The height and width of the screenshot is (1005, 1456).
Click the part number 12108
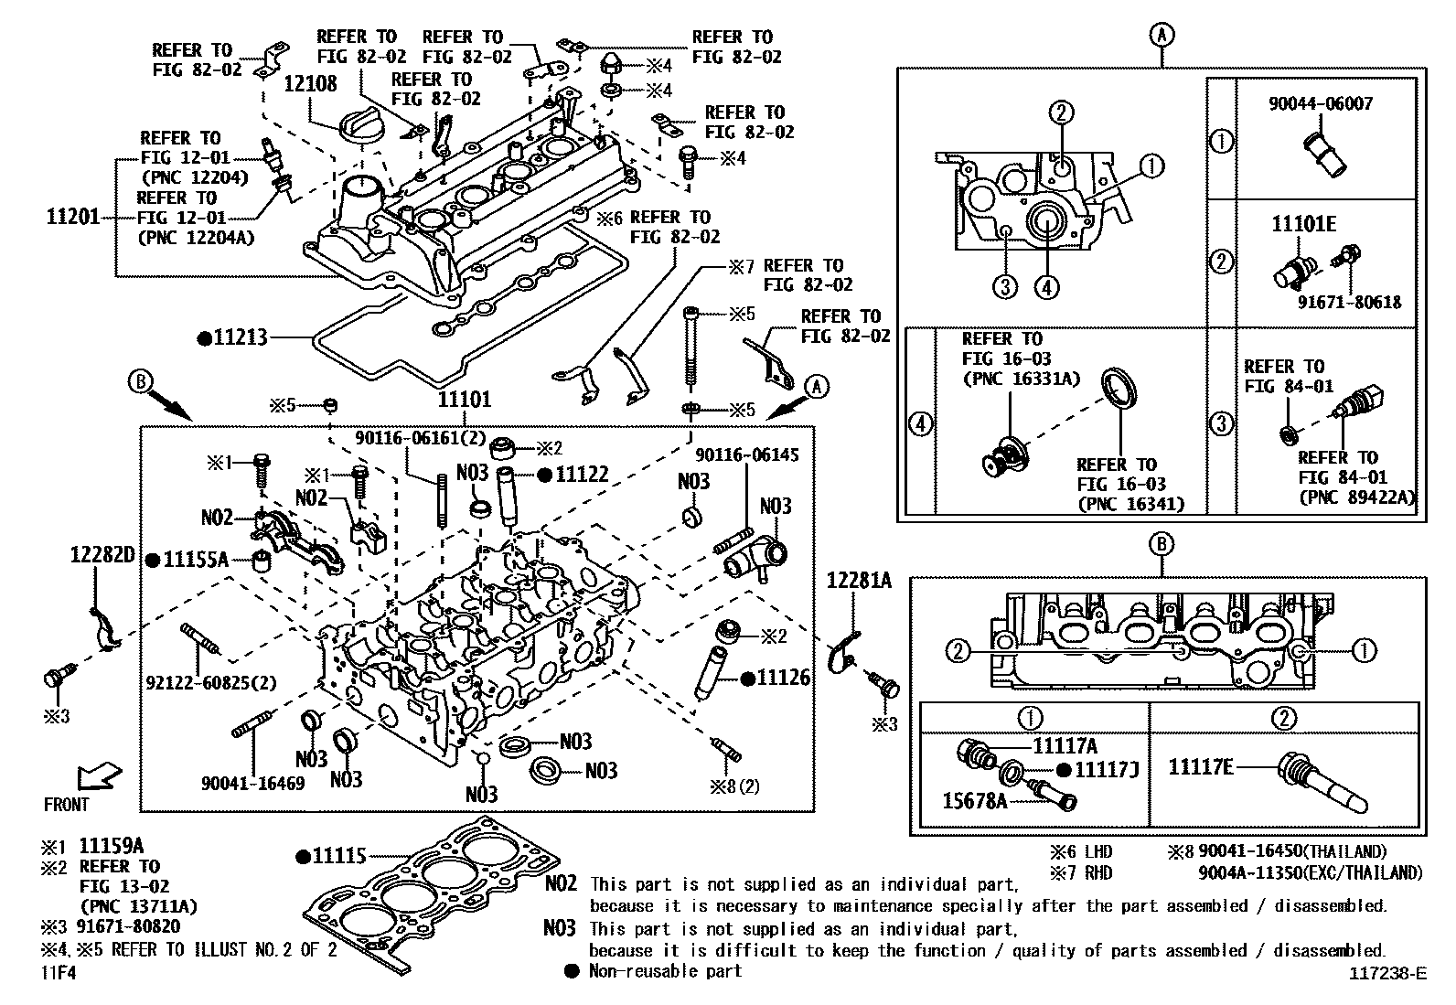pos(310,84)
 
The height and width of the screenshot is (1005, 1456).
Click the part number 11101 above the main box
pos(464,399)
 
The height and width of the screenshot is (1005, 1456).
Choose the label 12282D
pos(102,555)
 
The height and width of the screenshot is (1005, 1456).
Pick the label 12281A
pos(859,581)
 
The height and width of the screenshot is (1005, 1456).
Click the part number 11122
pos(582,474)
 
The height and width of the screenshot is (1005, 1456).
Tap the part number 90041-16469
pos(253,783)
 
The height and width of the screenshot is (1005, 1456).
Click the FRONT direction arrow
pos(97,777)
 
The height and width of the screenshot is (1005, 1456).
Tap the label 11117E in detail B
pos(1200,766)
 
